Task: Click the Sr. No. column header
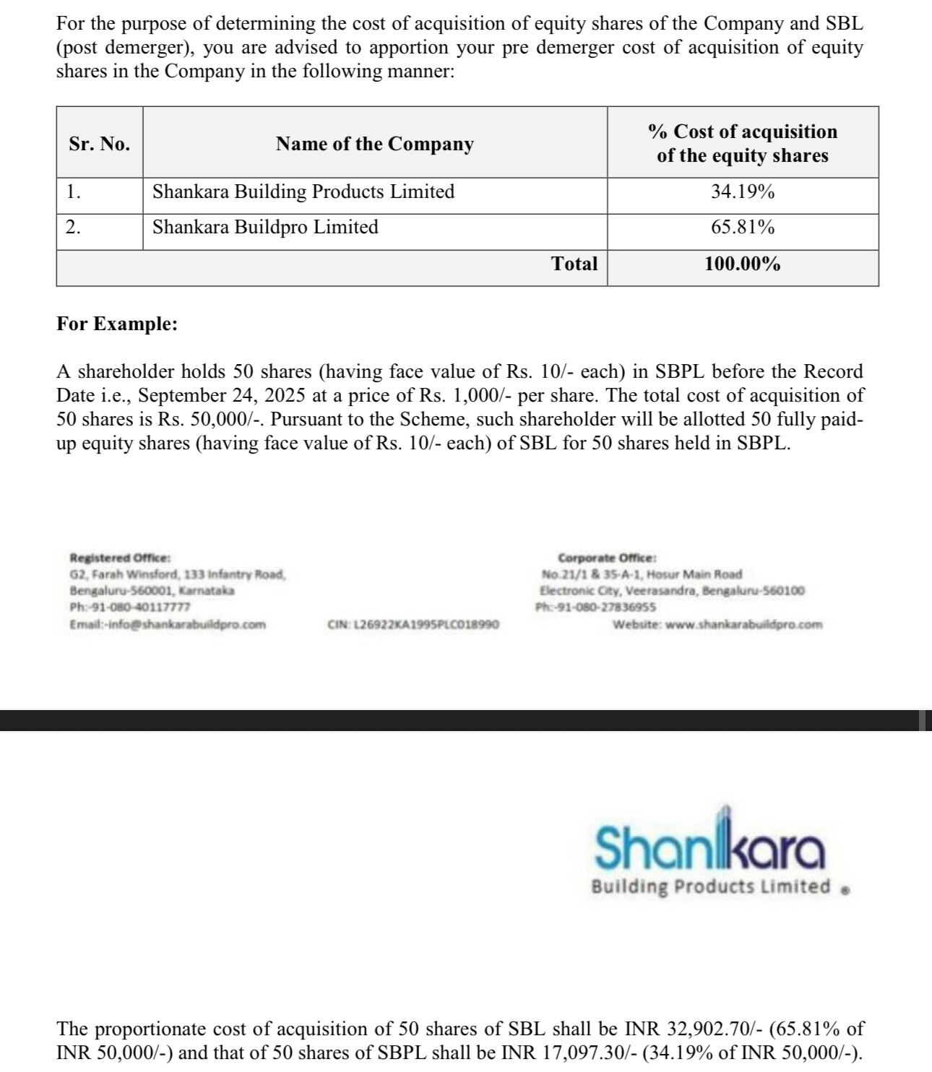point(100,144)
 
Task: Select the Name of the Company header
point(374,144)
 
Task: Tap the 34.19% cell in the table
point(743,192)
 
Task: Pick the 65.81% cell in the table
point(743,228)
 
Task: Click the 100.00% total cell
point(743,264)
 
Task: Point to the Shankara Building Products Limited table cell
point(303,192)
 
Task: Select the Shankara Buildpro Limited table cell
point(265,228)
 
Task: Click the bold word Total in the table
point(574,264)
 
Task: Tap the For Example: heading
point(117,324)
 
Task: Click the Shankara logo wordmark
point(709,847)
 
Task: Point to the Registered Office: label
point(120,558)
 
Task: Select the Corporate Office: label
point(607,558)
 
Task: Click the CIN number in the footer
point(413,624)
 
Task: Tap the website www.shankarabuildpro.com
point(743,624)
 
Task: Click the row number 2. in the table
point(73,228)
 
